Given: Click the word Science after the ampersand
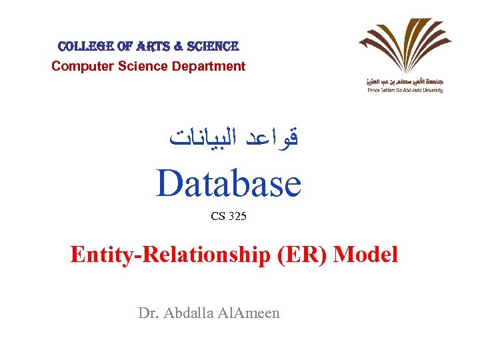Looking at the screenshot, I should click(x=213, y=47).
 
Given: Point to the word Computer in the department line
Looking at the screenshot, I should click(x=79, y=66).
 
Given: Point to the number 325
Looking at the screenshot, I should click(x=237, y=216).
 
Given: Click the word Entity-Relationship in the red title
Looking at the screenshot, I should click(x=169, y=254).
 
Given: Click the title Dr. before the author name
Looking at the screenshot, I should click(x=148, y=313).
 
